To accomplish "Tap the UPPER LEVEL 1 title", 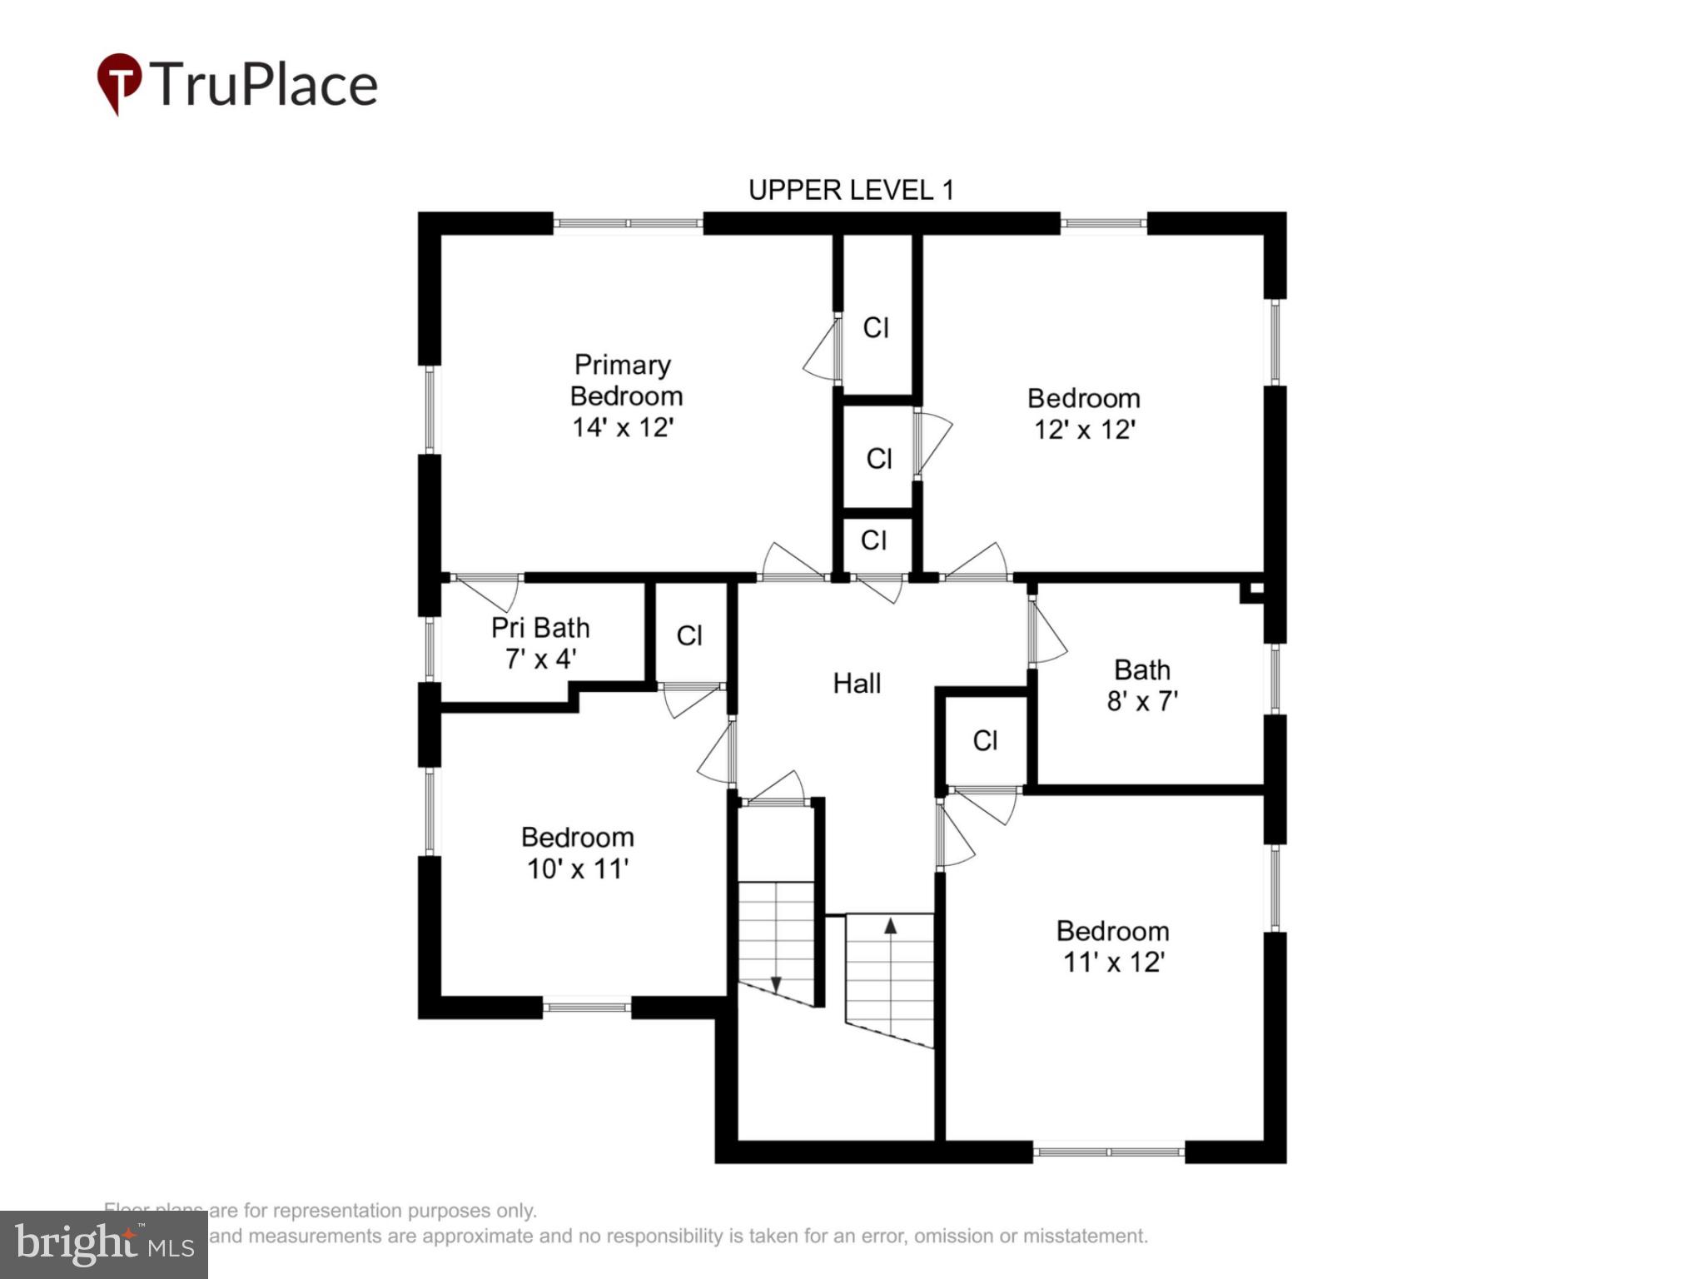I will click(851, 191).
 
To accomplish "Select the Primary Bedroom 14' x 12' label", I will click(624, 396).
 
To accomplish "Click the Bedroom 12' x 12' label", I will click(1084, 414).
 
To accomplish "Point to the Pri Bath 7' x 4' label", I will click(540, 643).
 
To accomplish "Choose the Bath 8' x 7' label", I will click(1142, 685).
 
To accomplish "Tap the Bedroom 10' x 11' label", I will click(578, 853).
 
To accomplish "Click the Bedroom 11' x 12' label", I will click(1113, 946).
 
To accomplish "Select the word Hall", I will click(857, 684).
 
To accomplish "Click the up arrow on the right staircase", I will click(890, 925).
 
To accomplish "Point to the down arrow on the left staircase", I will click(776, 984).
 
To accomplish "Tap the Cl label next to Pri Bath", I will click(689, 636).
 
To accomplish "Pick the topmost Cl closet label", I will click(876, 328).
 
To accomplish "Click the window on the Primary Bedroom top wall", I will click(628, 223).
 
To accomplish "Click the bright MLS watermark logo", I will click(104, 1245).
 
